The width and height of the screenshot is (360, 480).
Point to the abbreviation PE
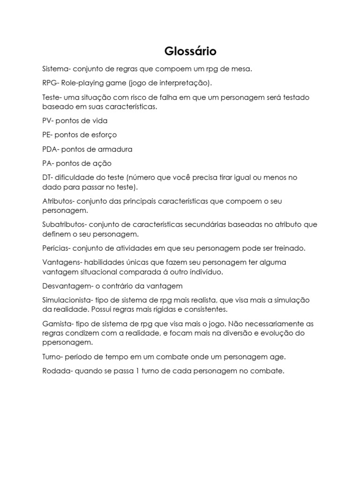click(47, 135)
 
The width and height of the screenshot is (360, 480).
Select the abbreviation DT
click(47, 177)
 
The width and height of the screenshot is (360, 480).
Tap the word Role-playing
click(80, 83)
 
